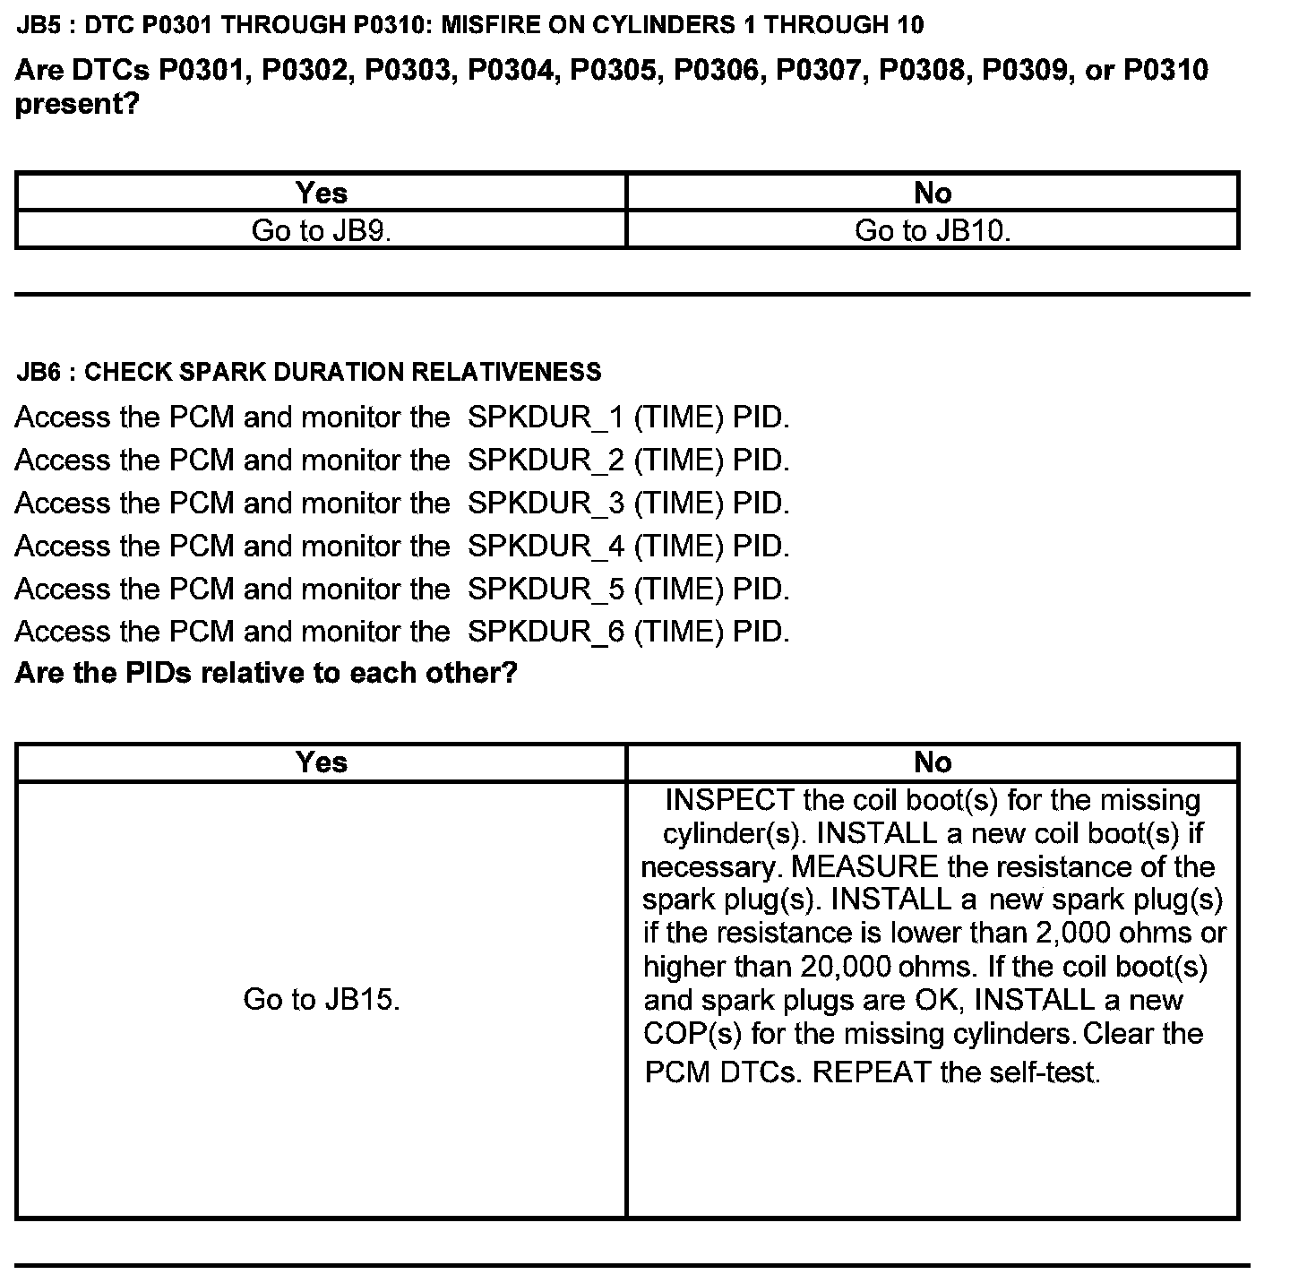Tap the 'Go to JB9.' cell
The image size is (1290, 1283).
[x=321, y=230]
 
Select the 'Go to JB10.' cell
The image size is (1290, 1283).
[x=933, y=230]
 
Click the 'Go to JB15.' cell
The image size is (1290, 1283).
[x=321, y=999]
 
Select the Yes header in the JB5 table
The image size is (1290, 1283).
[x=321, y=193]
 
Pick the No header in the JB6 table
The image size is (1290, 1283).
[x=933, y=762]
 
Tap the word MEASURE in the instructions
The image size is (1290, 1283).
[x=864, y=867]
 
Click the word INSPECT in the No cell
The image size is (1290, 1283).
[x=729, y=800]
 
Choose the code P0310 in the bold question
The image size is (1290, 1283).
[x=1165, y=70]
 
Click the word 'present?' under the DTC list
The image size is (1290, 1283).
[x=77, y=105]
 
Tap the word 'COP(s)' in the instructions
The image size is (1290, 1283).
[x=692, y=1034]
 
